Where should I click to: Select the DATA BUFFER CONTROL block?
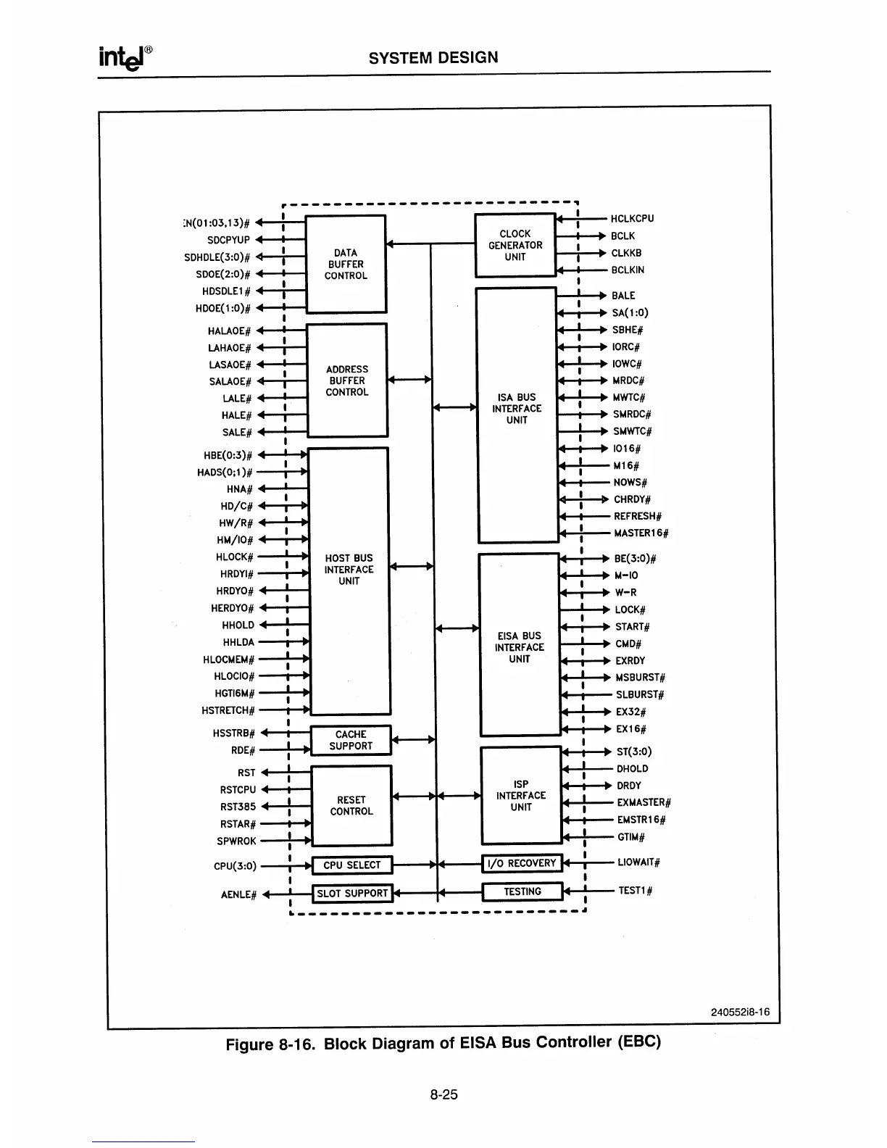346,264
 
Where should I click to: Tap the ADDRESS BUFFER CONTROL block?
347,380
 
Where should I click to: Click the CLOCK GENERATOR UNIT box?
515,245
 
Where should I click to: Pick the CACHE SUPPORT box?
351,740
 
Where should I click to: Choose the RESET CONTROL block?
351,805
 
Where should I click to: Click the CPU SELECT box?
351,865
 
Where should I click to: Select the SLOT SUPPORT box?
352,893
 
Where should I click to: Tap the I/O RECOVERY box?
522,862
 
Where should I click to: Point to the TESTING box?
522,891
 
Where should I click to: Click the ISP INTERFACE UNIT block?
521,795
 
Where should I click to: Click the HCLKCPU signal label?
632,218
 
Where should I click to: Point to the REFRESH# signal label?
638,516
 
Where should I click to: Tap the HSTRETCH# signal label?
228,710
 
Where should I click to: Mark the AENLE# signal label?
238,894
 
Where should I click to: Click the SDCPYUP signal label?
228,240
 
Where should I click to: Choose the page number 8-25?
443,1094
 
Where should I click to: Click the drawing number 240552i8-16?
739,1012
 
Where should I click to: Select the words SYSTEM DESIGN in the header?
433,57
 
